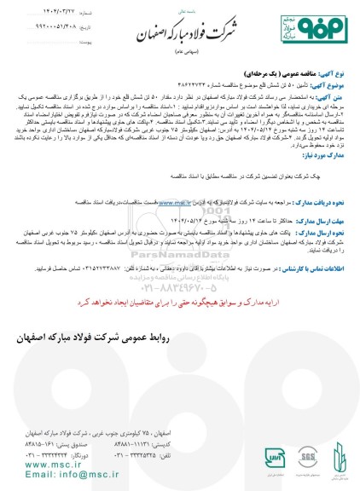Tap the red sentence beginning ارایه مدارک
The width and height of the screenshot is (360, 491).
tap(180, 302)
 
